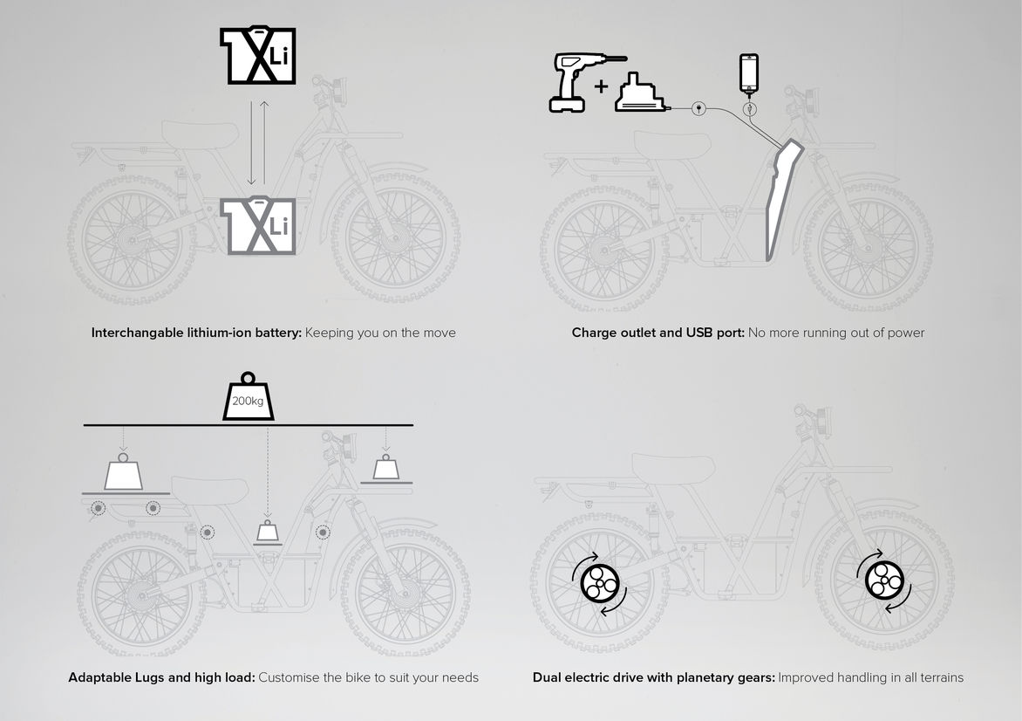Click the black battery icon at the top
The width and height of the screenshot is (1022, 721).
(258, 55)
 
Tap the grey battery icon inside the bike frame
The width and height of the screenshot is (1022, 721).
(258, 224)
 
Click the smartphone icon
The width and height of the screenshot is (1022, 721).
(749, 73)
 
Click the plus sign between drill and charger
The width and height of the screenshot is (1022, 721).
(601, 86)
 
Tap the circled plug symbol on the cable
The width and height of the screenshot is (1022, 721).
(698, 107)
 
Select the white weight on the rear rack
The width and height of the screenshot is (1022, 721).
(123, 471)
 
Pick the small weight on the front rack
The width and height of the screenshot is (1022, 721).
(385, 467)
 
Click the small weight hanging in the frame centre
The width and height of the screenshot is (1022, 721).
(267, 531)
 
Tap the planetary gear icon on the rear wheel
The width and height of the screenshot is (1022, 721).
(599, 583)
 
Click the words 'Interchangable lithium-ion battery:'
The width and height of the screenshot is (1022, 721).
(196, 333)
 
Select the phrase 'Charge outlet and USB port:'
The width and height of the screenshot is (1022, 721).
(657, 333)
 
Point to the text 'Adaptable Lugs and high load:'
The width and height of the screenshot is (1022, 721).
(161, 677)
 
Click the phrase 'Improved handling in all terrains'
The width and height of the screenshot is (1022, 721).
(871, 677)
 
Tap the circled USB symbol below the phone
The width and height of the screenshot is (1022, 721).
(749, 108)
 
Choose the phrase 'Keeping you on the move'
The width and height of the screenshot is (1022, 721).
(381, 333)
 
